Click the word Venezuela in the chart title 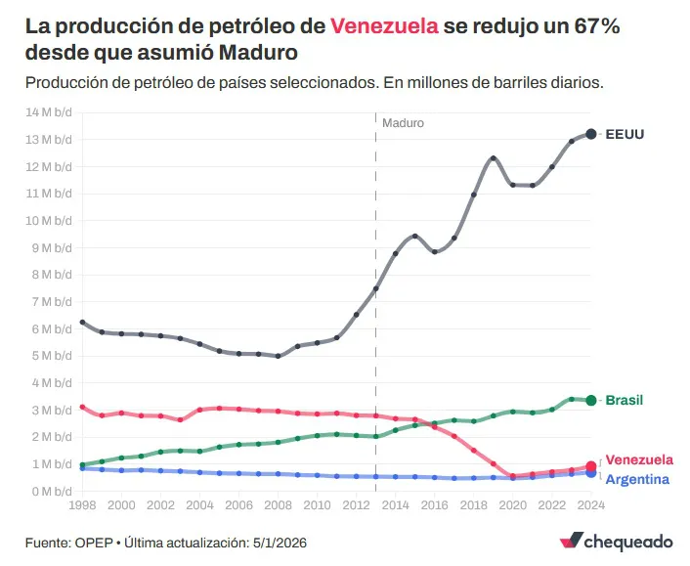click(384, 26)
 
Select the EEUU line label click(626, 134)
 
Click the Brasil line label click(624, 400)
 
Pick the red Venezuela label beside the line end click(638, 459)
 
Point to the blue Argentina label click(637, 479)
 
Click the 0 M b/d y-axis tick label click(51, 492)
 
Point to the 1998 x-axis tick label click(82, 505)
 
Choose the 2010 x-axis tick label click(317, 505)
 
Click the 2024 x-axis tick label click(590, 505)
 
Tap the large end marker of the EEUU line click(591, 134)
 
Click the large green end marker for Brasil click(591, 400)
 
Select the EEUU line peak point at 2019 click(494, 158)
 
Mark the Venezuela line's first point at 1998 click(82, 407)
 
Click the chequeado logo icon click(571, 541)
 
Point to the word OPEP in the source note click(96, 541)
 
